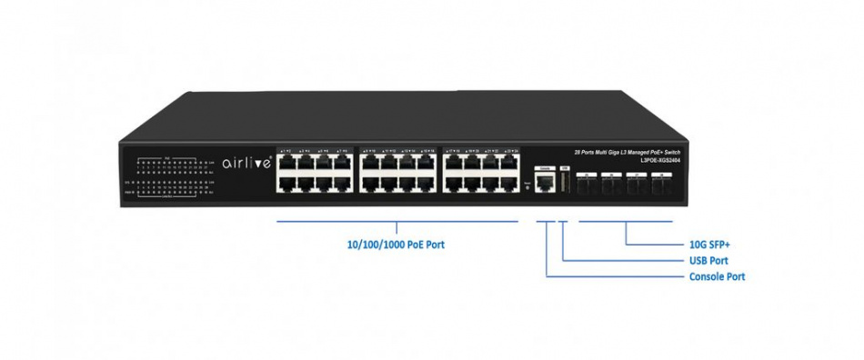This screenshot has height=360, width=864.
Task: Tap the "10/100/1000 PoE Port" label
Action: tap(397, 245)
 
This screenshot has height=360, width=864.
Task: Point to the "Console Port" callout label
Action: tap(718, 276)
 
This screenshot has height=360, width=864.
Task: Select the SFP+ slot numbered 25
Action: tap(589, 184)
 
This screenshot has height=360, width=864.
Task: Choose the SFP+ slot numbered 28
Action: tap(663, 184)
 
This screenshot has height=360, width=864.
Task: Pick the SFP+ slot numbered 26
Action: tap(614, 184)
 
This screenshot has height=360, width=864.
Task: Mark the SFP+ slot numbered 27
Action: tap(638, 184)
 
